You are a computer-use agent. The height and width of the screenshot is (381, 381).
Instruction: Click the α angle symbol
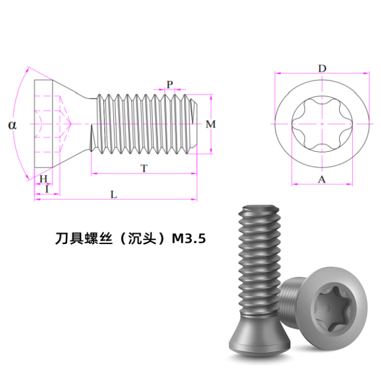tap(12, 125)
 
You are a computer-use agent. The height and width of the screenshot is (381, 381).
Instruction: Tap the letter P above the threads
tap(170, 84)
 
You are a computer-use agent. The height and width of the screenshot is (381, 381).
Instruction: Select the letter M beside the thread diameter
tap(210, 124)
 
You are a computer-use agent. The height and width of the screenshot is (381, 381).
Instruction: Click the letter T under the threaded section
tap(144, 168)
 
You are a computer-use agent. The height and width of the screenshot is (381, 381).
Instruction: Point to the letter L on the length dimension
tap(113, 195)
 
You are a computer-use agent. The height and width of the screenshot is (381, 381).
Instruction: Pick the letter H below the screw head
tap(44, 179)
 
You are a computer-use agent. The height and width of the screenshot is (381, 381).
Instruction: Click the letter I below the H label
tap(47, 189)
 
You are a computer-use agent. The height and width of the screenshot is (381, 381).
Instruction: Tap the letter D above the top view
tap(322, 69)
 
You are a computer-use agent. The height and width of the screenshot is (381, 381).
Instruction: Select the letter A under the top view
tap(322, 179)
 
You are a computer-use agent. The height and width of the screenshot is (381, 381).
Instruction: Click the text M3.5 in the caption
tap(189, 239)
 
